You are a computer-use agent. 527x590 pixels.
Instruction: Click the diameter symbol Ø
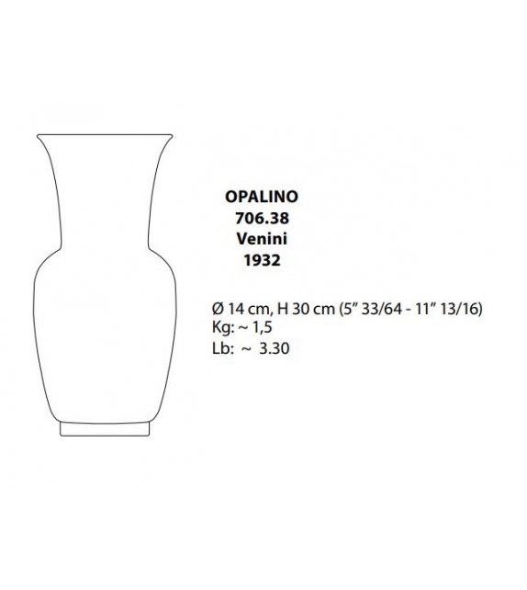tap(216, 309)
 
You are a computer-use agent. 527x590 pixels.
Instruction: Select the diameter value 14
tap(233, 309)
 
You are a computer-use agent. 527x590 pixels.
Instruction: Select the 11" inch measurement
tap(424, 309)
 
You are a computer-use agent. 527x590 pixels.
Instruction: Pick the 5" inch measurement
tap(347, 309)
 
